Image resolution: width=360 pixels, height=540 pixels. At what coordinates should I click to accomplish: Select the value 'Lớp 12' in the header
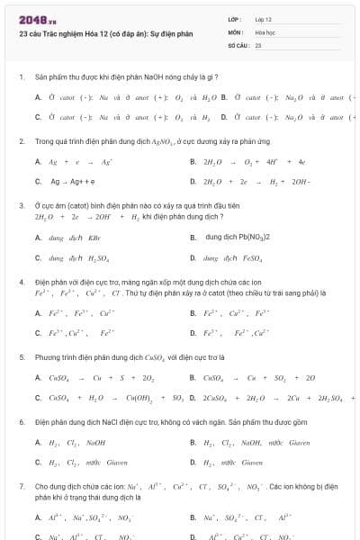point(263,19)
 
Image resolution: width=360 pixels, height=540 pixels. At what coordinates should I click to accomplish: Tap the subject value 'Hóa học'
point(265,31)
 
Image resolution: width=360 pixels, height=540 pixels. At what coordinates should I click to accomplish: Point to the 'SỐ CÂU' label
point(238,44)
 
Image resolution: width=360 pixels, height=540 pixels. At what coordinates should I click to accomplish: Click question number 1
point(21,77)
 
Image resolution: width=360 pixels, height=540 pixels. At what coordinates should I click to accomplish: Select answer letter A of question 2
point(38,162)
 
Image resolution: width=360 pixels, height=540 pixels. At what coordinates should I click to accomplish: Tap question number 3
point(21,205)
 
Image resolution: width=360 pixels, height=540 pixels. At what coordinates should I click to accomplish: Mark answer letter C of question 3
point(38,258)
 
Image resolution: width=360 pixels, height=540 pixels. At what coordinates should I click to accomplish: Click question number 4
point(21,282)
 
